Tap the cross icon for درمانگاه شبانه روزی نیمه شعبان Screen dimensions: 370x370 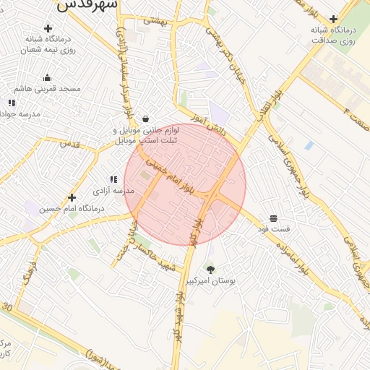(x=48, y=29)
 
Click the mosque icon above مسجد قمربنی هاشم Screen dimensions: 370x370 (x=48, y=78)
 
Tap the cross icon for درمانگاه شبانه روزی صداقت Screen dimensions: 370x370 (x=333, y=19)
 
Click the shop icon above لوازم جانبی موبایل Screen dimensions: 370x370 (x=146, y=119)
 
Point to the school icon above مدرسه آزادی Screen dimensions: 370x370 (x=113, y=179)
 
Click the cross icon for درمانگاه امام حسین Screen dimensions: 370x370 (x=72, y=197)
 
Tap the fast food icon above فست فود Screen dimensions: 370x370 (x=273, y=218)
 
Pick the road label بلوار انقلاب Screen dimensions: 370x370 (x=270, y=100)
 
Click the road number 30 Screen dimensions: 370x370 (x=7, y=307)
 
